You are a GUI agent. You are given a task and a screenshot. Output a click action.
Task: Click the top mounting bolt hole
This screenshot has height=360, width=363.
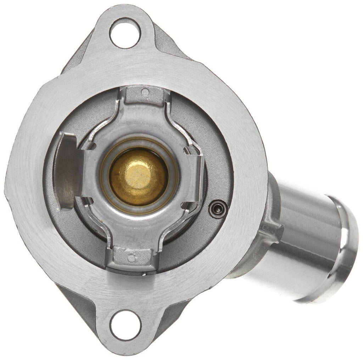point(125,33)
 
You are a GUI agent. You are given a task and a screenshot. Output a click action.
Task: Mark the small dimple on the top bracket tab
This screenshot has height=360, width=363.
point(145,92)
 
